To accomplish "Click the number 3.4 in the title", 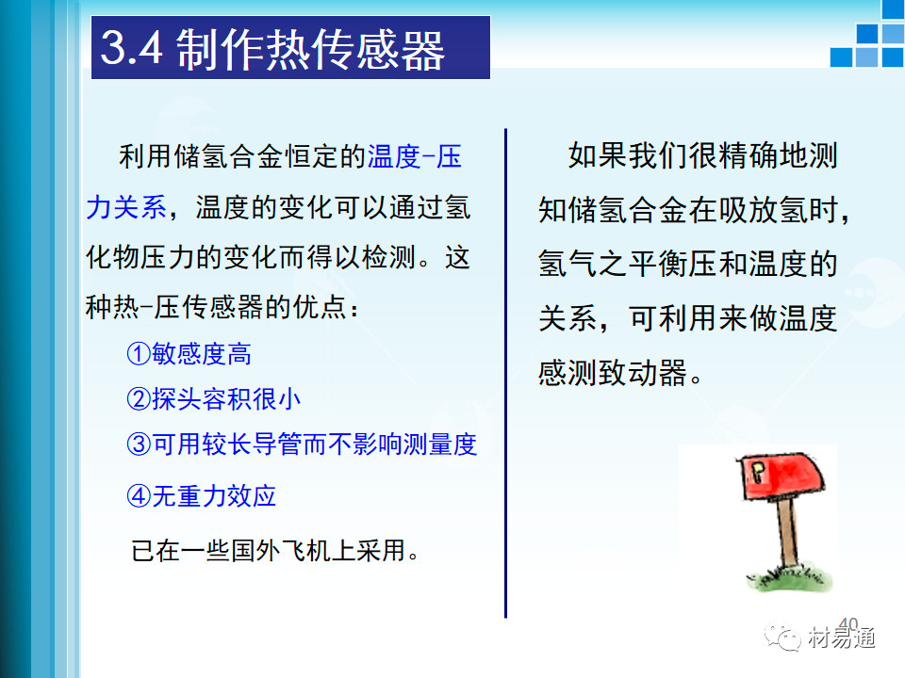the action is [x=132, y=47].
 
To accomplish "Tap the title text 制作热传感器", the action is [x=310, y=50].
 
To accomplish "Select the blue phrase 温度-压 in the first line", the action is [x=415, y=156].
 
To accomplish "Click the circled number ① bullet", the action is [x=139, y=353].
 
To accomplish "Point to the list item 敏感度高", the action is [x=202, y=353].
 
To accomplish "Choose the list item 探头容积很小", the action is [x=226, y=399].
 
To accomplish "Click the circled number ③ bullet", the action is [x=139, y=444].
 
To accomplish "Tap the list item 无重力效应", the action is [x=214, y=496].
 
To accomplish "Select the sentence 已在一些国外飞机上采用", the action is [x=274, y=551].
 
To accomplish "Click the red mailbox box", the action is [x=782, y=476].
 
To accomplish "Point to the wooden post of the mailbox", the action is [x=787, y=534].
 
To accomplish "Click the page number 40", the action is [x=848, y=623].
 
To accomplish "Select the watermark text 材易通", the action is [x=842, y=638].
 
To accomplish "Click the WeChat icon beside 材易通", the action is [x=782, y=637].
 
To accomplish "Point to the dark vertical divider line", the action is [x=505, y=373].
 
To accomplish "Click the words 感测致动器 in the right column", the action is [x=612, y=373].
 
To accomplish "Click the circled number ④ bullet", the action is [x=139, y=496].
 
